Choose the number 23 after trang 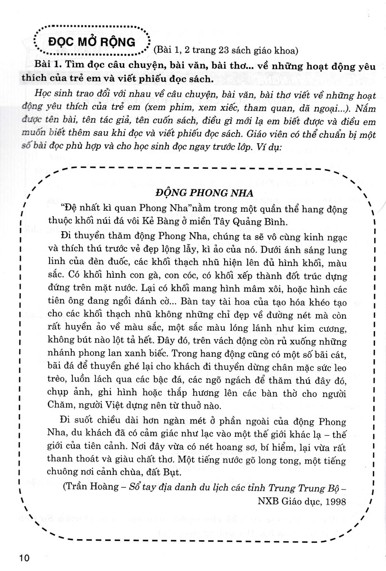click(214, 49)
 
